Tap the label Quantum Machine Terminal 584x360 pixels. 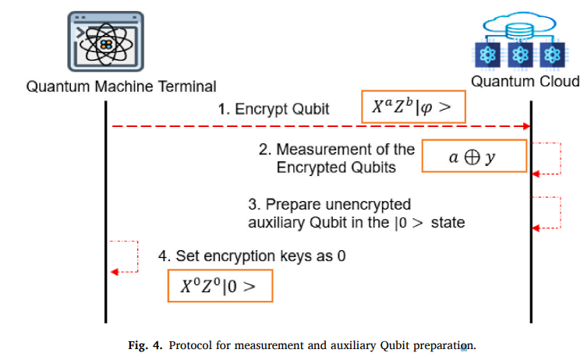click(x=122, y=86)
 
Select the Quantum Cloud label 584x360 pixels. click(x=525, y=82)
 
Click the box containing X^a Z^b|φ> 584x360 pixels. click(x=413, y=106)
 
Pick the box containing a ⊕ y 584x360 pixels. click(x=473, y=157)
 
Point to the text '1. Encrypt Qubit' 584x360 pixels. click(x=273, y=109)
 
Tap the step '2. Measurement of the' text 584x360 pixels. click(x=337, y=150)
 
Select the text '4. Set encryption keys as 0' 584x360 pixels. click(x=252, y=256)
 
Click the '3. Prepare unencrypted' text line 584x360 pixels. click(x=329, y=204)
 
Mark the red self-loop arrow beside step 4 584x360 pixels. click(x=125, y=257)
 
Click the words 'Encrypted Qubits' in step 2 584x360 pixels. click(x=337, y=167)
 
